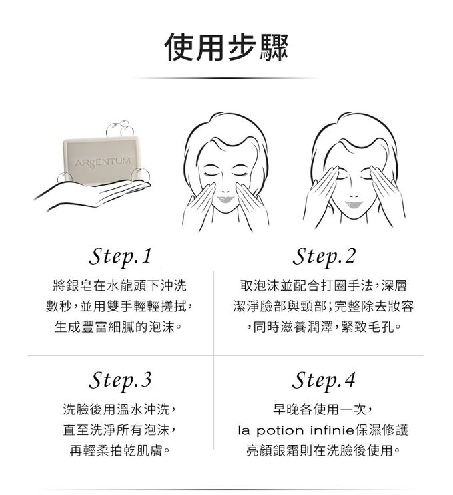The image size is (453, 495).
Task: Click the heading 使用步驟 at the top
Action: coord(226,47)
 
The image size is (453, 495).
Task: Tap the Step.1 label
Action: coord(121,255)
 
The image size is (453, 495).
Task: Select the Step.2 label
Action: coord(324,255)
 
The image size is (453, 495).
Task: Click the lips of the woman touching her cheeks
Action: coord(224,197)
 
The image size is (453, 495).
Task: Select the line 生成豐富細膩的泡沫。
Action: coord(121,328)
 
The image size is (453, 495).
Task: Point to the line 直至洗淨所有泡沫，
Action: coord(121,430)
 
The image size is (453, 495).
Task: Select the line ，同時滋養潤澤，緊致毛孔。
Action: coord(324,328)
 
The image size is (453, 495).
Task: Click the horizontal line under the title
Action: coord(226,78)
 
